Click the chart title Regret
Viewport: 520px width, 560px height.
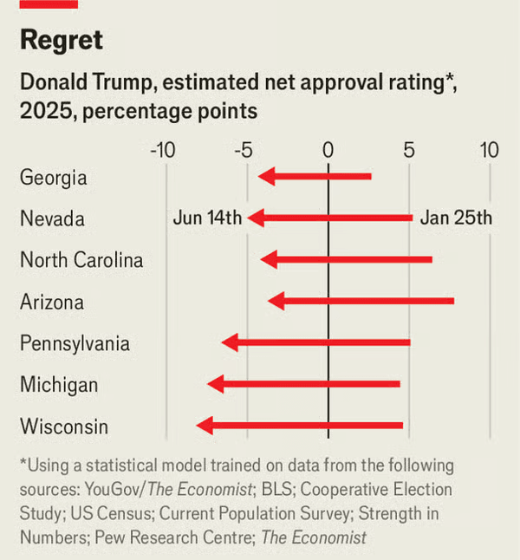(x=61, y=40)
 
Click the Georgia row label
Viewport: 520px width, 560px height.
(x=54, y=178)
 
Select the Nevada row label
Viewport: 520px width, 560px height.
(x=52, y=219)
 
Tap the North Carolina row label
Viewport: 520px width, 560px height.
(x=81, y=260)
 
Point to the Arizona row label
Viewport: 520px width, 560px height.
(x=52, y=303)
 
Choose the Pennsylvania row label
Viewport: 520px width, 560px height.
(x=75, y=344)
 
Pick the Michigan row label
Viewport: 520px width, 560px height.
(x=59, y=385)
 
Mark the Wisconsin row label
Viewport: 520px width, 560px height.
(x=64, y=427)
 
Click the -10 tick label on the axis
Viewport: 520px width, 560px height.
(x=163, y=150)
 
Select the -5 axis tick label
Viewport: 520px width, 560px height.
(x=244, y=150)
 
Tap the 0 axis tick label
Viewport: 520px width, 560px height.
(x=328, y=150)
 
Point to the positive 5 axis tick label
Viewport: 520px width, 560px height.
(x=408, y=150)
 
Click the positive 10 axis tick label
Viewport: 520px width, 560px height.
(x=490, y=150)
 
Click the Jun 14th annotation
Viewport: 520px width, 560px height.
(x=207, y=218)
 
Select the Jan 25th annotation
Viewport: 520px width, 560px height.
(x=456, y=218)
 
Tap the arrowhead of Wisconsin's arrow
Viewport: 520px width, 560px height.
(x=204, y=426)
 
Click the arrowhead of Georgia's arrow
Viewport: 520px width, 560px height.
(x=266, y=177)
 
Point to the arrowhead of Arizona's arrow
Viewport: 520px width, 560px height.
(x=276, y=302)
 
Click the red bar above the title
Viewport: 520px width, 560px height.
(x=49, y=4)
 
